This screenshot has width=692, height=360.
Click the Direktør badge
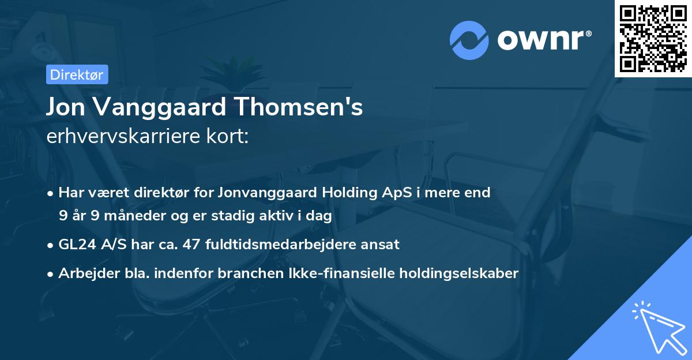pos(77,74)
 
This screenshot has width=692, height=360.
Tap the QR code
pos(653,38)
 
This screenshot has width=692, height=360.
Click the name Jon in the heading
pos(66,107)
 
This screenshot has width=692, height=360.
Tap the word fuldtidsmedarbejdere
pos(279,244)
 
